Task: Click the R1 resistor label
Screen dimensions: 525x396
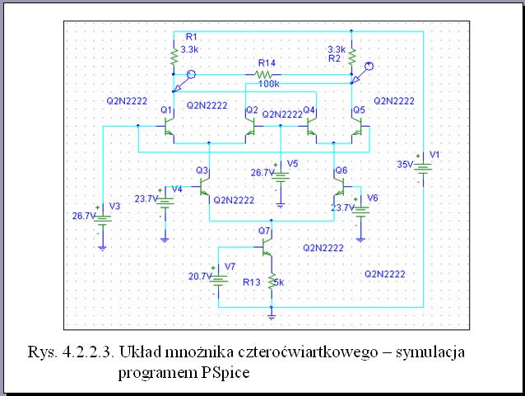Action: (191, 37)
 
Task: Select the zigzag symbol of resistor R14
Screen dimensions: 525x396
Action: (264, 75)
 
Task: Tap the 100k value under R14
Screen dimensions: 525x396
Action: (268, 84)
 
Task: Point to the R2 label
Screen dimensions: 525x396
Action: (334, 58)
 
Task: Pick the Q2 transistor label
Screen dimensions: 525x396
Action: (252, 109)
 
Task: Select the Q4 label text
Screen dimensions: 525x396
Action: (309, 109)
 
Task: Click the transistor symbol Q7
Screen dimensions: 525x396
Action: (267, 248)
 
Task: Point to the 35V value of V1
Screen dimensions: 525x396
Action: (405, 165)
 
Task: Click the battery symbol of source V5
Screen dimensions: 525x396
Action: (281, 177)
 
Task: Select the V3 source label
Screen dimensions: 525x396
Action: (114, 206)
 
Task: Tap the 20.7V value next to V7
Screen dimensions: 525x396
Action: (200, 277)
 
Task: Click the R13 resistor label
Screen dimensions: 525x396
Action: (252, 282)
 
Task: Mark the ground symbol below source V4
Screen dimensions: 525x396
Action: (165, 240)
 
